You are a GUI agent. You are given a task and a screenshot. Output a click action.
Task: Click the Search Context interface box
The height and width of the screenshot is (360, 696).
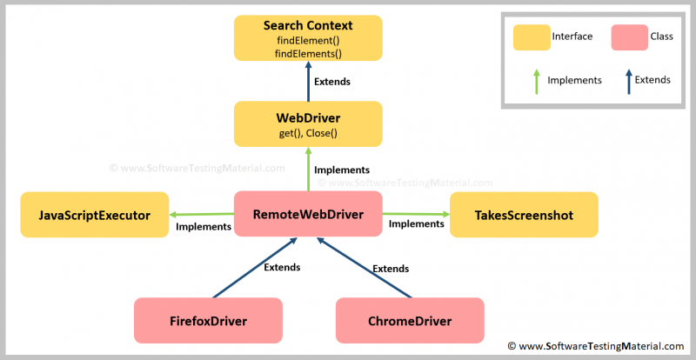pyautogui.click(x=308, y=37)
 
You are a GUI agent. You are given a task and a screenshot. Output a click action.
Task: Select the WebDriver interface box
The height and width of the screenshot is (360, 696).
pyautogui.click(x=308, y=123)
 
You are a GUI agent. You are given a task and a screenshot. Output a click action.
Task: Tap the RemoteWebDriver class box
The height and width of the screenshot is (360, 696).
pyautogui.click(x=308, y=214)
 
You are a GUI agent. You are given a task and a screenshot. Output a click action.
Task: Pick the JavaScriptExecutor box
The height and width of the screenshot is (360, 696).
pyautogui.click(x=95, y=214)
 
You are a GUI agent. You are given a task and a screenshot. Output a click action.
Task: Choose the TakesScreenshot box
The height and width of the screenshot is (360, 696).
pyautogui.click(x=524, y=214)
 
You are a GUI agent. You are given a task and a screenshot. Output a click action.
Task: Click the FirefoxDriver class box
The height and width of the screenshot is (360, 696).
pyautogui.click(x=208, y=320)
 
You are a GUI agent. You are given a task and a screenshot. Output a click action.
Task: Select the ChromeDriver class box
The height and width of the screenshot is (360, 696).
pyautogui.click(x=409, y=320)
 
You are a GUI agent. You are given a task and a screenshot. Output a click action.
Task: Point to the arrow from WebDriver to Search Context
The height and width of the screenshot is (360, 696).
pyautogui.click(x=308, y=83)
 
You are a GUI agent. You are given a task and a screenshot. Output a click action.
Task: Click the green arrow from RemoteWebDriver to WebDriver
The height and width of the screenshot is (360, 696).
pyautogui.click(x=308, y=169)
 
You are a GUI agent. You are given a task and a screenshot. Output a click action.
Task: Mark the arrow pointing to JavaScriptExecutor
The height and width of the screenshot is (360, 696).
pyautogui.click(x=202, y=214)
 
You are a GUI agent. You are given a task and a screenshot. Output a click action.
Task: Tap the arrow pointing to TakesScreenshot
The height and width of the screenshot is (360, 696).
pyautogui.click(x=416, y=214)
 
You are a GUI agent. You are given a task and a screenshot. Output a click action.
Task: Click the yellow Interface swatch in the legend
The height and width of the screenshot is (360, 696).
pyautogui.click(x=531, y=37)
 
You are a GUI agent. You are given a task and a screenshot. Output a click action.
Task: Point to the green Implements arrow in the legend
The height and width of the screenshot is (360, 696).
pyautogui.click(x=536, y=81)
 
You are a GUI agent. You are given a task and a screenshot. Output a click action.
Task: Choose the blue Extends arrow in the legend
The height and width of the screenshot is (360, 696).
pyautogui.click(x=628, y=81)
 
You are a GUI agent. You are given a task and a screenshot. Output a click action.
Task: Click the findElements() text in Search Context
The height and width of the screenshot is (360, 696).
pyautogui.click(x=308, y=53)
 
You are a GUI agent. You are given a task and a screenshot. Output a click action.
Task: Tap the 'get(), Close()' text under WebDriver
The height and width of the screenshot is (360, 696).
pyautogui.click(x=308, y=133)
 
